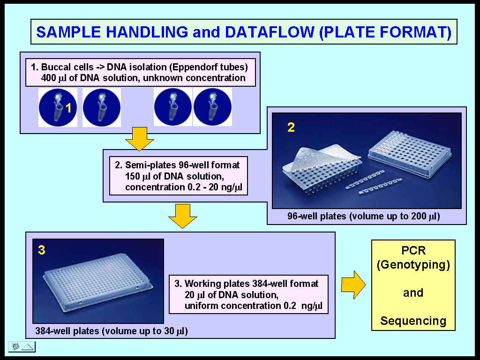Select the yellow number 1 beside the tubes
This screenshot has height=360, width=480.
click(x=68, y=109)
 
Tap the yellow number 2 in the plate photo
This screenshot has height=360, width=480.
click(x=291, y=127)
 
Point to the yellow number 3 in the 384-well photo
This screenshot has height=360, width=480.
click(x=42, y=250)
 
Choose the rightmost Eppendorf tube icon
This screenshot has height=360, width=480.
click(x=212, y=107)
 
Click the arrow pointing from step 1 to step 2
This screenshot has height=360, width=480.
click(x=139, y=139)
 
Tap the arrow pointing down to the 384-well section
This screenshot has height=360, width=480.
click(x=183, y=216)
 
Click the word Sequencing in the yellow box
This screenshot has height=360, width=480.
click(x=413, y=321)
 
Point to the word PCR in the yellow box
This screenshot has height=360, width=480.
click(x=413, y=251)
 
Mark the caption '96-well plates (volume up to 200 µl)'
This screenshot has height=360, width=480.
click(x=363, y=217)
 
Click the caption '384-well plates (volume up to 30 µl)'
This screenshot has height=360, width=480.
click(x=112, y=331)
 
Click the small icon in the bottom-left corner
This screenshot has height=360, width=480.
click(x=22, y=347)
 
